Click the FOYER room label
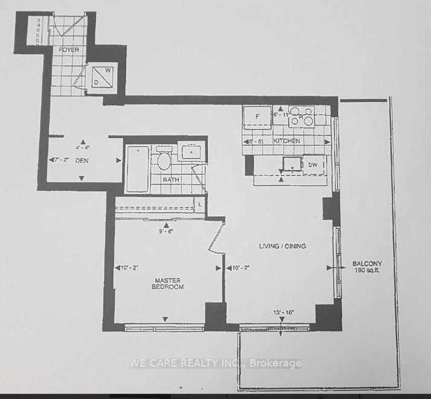(69, 49)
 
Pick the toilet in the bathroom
(163, 161)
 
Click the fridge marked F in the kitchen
(257, 117)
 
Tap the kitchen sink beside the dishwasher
(293, 164)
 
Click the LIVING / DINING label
(283, 246)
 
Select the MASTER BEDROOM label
(168, 283)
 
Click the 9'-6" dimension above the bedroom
(165, 230)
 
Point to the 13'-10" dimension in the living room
(284, 312)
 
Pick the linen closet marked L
(200, 204)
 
